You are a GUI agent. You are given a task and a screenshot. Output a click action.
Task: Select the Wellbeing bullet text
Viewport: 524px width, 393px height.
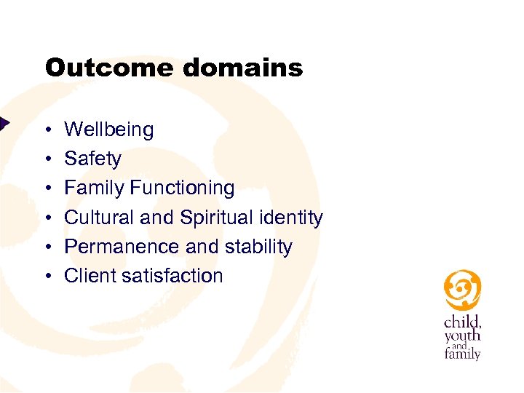point(109,130)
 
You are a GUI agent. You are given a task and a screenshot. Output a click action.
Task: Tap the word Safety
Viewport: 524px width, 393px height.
point(92,159)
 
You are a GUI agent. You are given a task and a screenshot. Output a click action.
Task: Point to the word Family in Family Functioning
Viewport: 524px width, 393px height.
point(95,188)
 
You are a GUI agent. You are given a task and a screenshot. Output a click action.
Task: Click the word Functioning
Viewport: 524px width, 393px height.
point(182,188)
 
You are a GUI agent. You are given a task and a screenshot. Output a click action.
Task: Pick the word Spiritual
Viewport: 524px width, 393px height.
point(215,218)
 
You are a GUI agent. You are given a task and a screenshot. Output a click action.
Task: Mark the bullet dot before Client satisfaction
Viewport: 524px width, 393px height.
point(47,277)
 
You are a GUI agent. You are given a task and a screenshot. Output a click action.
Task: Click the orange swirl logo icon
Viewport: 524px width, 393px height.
point(462,290)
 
